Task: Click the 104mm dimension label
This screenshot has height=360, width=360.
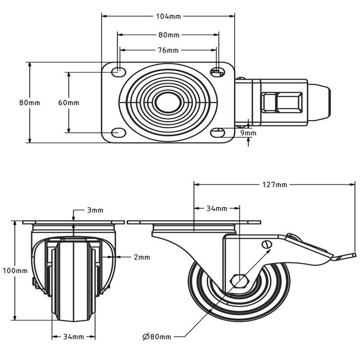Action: (x=168, y=16)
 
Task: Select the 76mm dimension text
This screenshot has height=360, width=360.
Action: (x=168, y=50)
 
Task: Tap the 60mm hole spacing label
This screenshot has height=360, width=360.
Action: (x=68, y=102)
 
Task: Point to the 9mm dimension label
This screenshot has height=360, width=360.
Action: (x=248, y=133)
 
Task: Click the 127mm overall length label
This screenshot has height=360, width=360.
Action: (x=274, y=184)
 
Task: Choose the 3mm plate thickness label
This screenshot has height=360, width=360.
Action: (x=95, y=210)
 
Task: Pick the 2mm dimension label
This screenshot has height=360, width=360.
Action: (x=142, y=257)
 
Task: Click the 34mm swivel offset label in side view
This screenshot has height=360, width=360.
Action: (x=217, y=208)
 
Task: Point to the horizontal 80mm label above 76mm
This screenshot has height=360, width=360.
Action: (x=168, y=35)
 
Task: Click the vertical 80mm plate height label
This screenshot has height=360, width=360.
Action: (x=29, y=102)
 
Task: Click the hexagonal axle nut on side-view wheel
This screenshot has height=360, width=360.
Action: (x=239, y=281)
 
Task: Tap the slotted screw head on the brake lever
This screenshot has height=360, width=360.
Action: (x=266, y=245)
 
